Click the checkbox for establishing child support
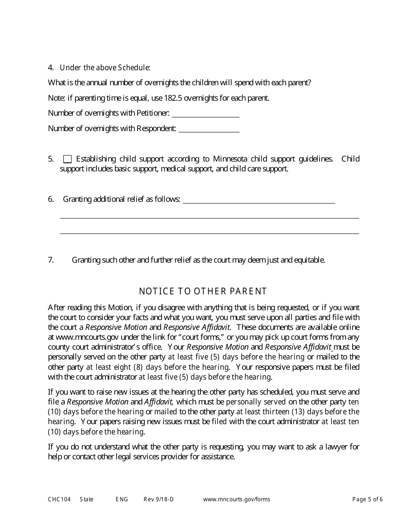click(67, 159)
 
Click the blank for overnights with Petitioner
click(205, 114)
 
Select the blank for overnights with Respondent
click(209, 129)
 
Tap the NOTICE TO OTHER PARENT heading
click(203, 291)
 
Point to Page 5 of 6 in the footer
click(368, 499)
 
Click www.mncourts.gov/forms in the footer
click(236, 499)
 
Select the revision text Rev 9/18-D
click(159, 499)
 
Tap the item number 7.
click(51, 260)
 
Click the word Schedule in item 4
click(134, 68)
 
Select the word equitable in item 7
click(309, 260)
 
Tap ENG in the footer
click(122, 499)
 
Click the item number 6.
click(51, 199)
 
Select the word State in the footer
click(87, 499)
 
